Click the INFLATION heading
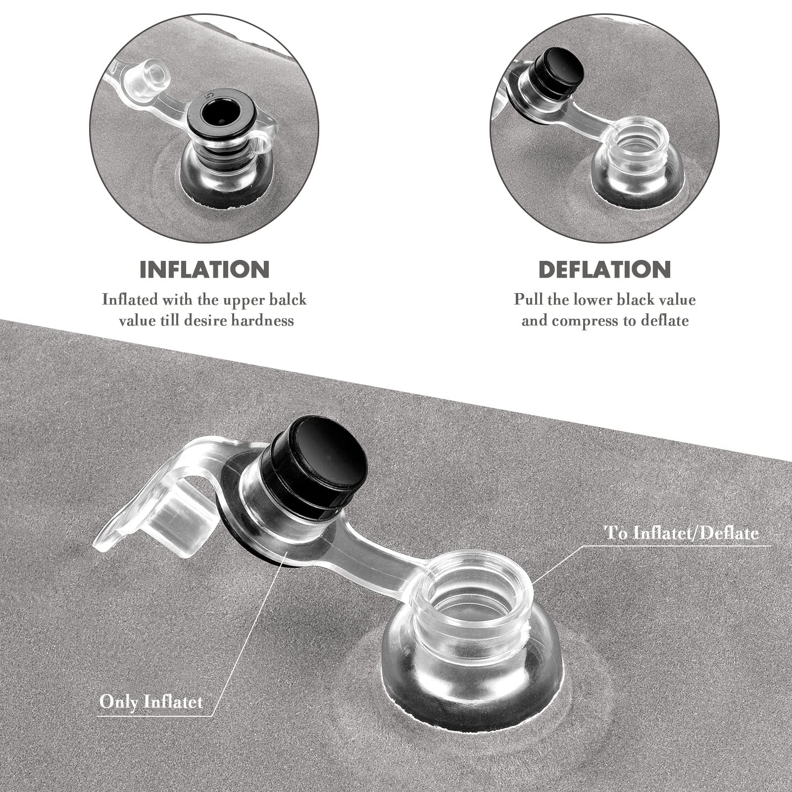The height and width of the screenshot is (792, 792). [204, 269]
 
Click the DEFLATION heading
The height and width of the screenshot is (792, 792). [604, 269]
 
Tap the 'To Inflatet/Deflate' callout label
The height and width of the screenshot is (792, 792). [682, 533]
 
